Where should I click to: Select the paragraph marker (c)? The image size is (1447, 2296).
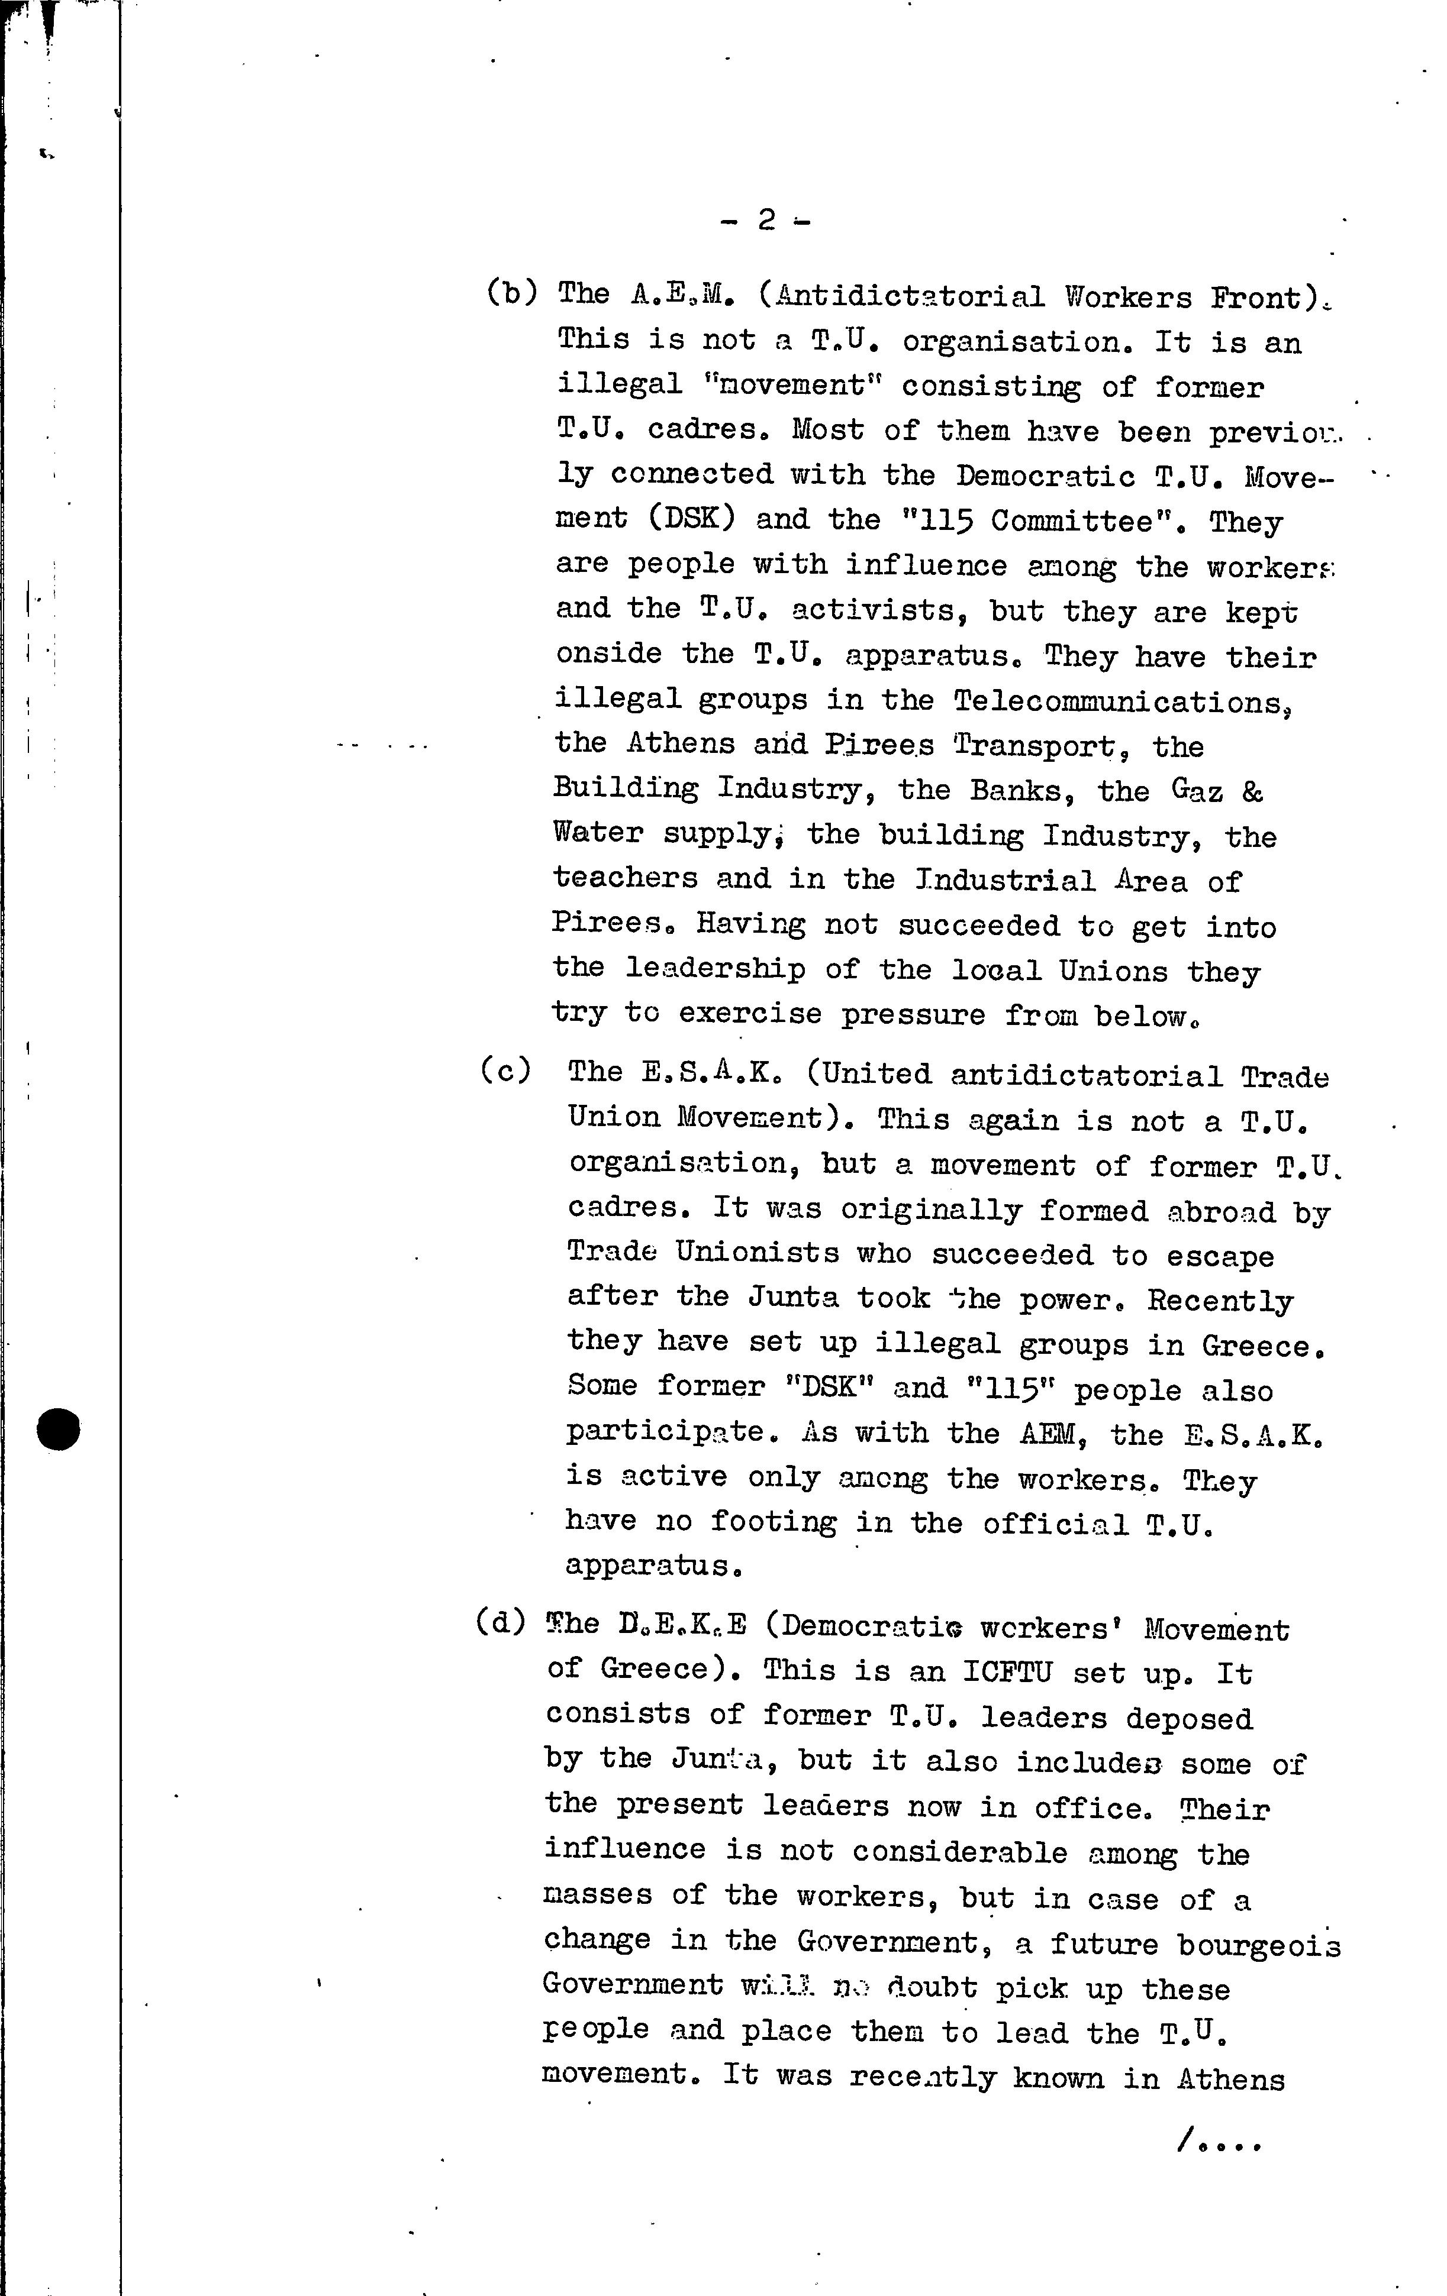click(x=505, y=1071)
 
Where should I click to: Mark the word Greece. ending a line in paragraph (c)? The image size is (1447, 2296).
click(x=1264, y=1346)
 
